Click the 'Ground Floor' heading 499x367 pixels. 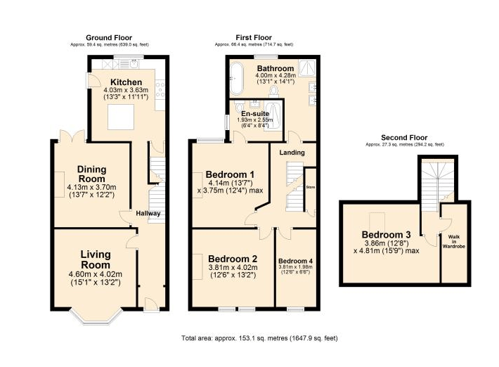108,37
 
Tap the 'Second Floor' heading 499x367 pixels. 403,137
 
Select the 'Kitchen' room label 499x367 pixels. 126,82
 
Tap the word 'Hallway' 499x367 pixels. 148,214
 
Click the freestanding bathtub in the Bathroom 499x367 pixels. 237,77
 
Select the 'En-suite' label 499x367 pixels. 253,112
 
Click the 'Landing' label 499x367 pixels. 291,152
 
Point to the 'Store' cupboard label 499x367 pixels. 309,186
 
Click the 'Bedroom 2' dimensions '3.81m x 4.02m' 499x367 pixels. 233,267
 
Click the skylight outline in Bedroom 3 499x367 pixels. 377,218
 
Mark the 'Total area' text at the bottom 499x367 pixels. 259,338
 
